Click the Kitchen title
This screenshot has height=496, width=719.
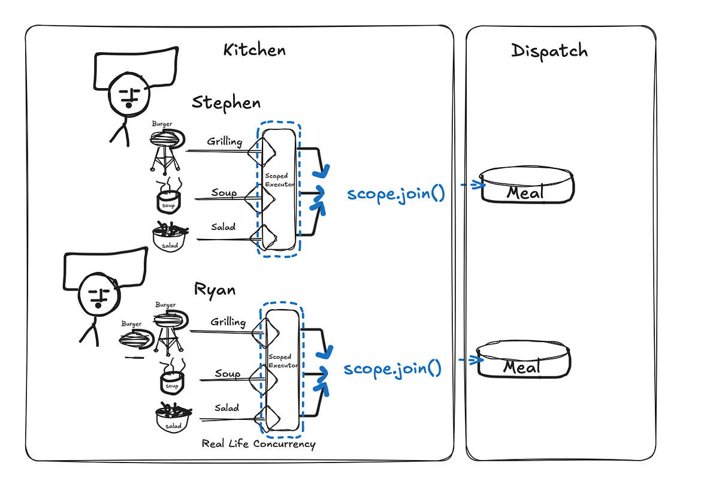click(254, 50)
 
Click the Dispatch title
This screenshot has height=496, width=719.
click(549, 51)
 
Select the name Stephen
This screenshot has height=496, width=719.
click(226, 102)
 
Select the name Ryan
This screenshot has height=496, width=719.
click(215, 289)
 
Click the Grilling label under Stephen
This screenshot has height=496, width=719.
click(224, 142)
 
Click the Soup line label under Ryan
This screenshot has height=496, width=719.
click(228, 374)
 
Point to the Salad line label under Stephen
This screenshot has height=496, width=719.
click(223, 227)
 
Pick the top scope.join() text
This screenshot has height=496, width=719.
click(395, 194)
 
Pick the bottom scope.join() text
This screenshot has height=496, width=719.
click(392, 368)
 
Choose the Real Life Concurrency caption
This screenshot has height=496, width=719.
click(258, 444)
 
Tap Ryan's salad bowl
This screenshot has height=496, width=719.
click(173, 418)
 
